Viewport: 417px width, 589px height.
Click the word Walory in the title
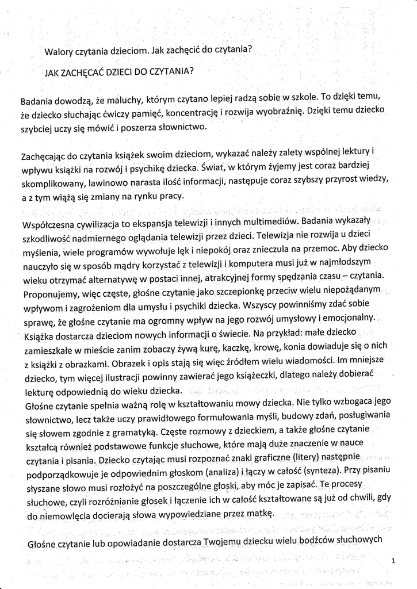(60, 52)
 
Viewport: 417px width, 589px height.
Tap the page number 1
(392, 560)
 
